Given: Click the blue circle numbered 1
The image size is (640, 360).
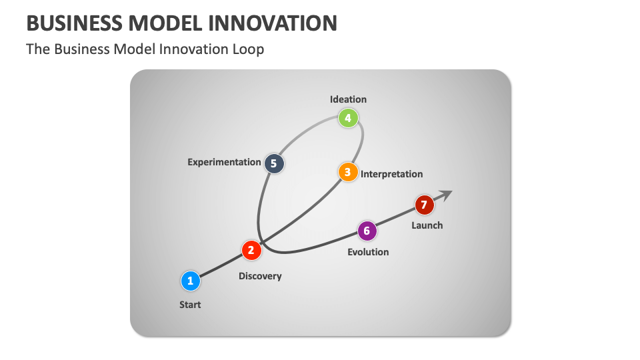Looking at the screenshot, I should point(190,281).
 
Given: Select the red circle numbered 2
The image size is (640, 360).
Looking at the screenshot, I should point(251,250).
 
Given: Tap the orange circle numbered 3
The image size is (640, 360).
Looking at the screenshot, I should point(347,172).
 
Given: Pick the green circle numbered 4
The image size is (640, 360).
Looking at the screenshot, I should point(347,119).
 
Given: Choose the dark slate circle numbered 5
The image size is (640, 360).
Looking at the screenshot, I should point(274,163).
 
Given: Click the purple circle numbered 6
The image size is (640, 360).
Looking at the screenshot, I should point(367,231).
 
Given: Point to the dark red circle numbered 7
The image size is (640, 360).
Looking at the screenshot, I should point(424,205).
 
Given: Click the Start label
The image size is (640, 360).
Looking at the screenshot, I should point(190,305).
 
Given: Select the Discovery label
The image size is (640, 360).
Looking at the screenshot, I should point(260,276).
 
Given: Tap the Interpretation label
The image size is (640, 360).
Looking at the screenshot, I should point(391,174).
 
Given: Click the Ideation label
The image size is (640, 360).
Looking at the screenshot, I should point(348,99).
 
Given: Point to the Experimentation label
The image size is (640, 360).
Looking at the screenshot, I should point(224,162).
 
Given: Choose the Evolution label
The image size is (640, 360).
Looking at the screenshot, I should point(368,252).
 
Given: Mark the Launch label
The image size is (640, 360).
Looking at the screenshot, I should point(427,225).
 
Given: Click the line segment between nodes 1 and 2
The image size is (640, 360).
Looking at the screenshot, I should point(220,265).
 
